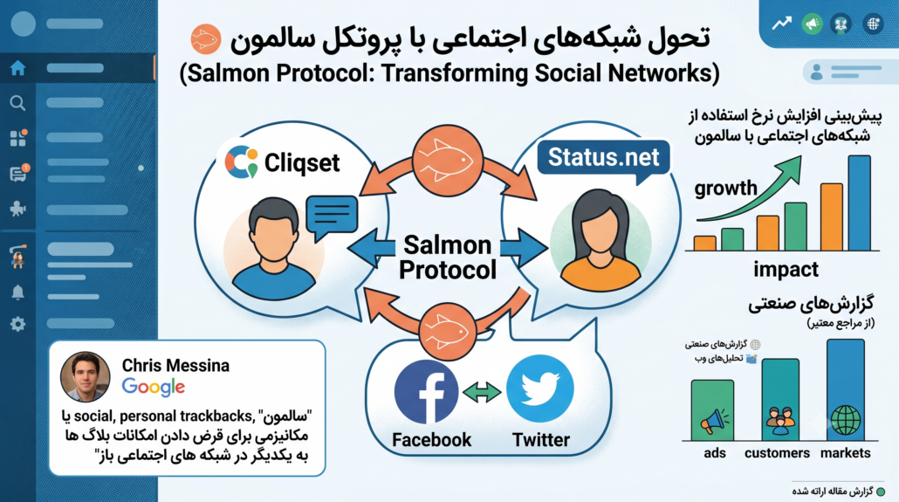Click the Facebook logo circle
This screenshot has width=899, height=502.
[x=426, y=392]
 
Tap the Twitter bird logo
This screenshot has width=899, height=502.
[x=540, y=389]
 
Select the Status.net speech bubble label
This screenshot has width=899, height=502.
[x=603, y=159]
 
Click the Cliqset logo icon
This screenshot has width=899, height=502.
[x=242, y=162]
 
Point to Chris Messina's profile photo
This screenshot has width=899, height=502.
[x=85, y=376]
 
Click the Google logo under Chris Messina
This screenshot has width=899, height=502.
[x=153, y=388]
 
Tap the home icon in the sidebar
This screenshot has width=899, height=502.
[x=17, y=68]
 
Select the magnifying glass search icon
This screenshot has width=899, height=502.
[x=17, y=103]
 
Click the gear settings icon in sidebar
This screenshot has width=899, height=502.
[x=17, y=324]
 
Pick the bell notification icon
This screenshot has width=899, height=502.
[x=17, y=292]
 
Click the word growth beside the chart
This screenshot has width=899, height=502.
[x=726, y=189]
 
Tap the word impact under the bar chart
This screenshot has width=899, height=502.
[x=786, y=269]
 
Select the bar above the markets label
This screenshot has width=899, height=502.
[x=846, y=389]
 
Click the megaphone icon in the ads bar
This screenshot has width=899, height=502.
[x=714, y=422]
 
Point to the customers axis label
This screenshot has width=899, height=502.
[x=777, y=453]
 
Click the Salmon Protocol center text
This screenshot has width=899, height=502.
[x=448, y=257]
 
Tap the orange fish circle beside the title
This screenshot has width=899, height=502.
[x=206, y=39]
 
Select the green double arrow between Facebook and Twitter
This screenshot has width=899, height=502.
[x=482, y=392]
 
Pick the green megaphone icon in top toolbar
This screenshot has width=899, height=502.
[x=812, y=24]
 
